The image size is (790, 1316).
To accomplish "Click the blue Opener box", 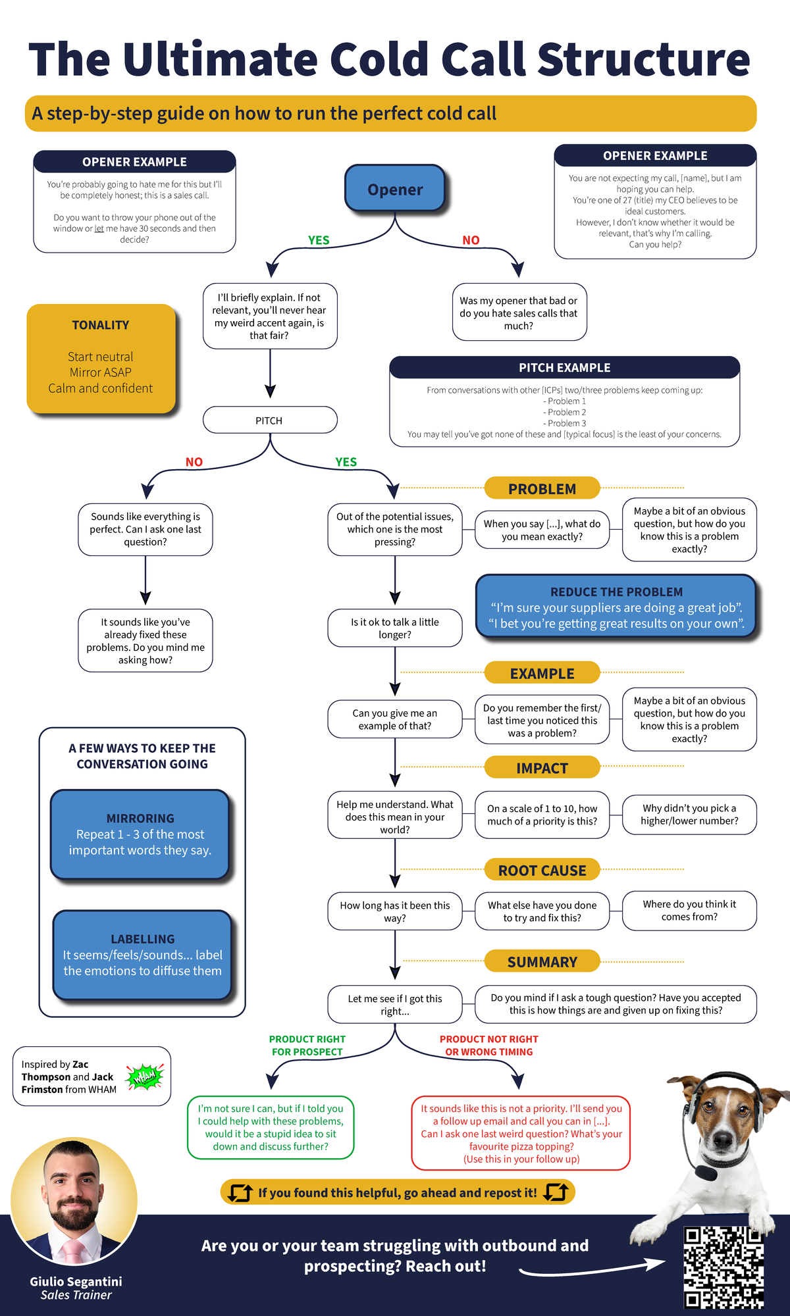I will click(x=395, y=189).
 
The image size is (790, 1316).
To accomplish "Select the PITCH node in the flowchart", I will click(x=270, y=420).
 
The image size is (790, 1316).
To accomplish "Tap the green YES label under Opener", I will click(x=319, y=240).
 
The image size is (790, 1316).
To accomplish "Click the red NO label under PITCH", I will click(x=194, y=462).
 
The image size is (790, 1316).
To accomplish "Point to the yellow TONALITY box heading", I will click(x=101, y=325).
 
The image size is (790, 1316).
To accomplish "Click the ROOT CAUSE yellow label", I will click(x=542, y=870).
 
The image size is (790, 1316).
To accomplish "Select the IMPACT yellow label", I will click(x=542, y=768).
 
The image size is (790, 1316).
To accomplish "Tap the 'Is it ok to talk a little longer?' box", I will click(x=395, y=628).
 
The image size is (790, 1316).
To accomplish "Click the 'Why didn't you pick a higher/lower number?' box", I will click(x=689, y=815).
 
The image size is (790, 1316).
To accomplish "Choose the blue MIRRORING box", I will click(x=140, y=834).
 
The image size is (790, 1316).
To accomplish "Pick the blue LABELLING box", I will click(x=142, y=955).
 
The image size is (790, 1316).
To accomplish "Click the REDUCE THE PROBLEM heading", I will click(x=616, y=592).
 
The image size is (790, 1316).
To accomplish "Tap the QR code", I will click(x=723, y=1267).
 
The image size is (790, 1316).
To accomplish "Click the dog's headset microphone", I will click(x=706, y=1173).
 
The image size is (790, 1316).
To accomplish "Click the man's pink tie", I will click(x=72, y=1247).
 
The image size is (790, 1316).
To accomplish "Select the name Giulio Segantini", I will click(x=76, y=1281).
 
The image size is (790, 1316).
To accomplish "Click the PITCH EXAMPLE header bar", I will click(x=564, y=367).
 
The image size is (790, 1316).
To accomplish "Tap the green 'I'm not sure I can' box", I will click(x=271, y=1127).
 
